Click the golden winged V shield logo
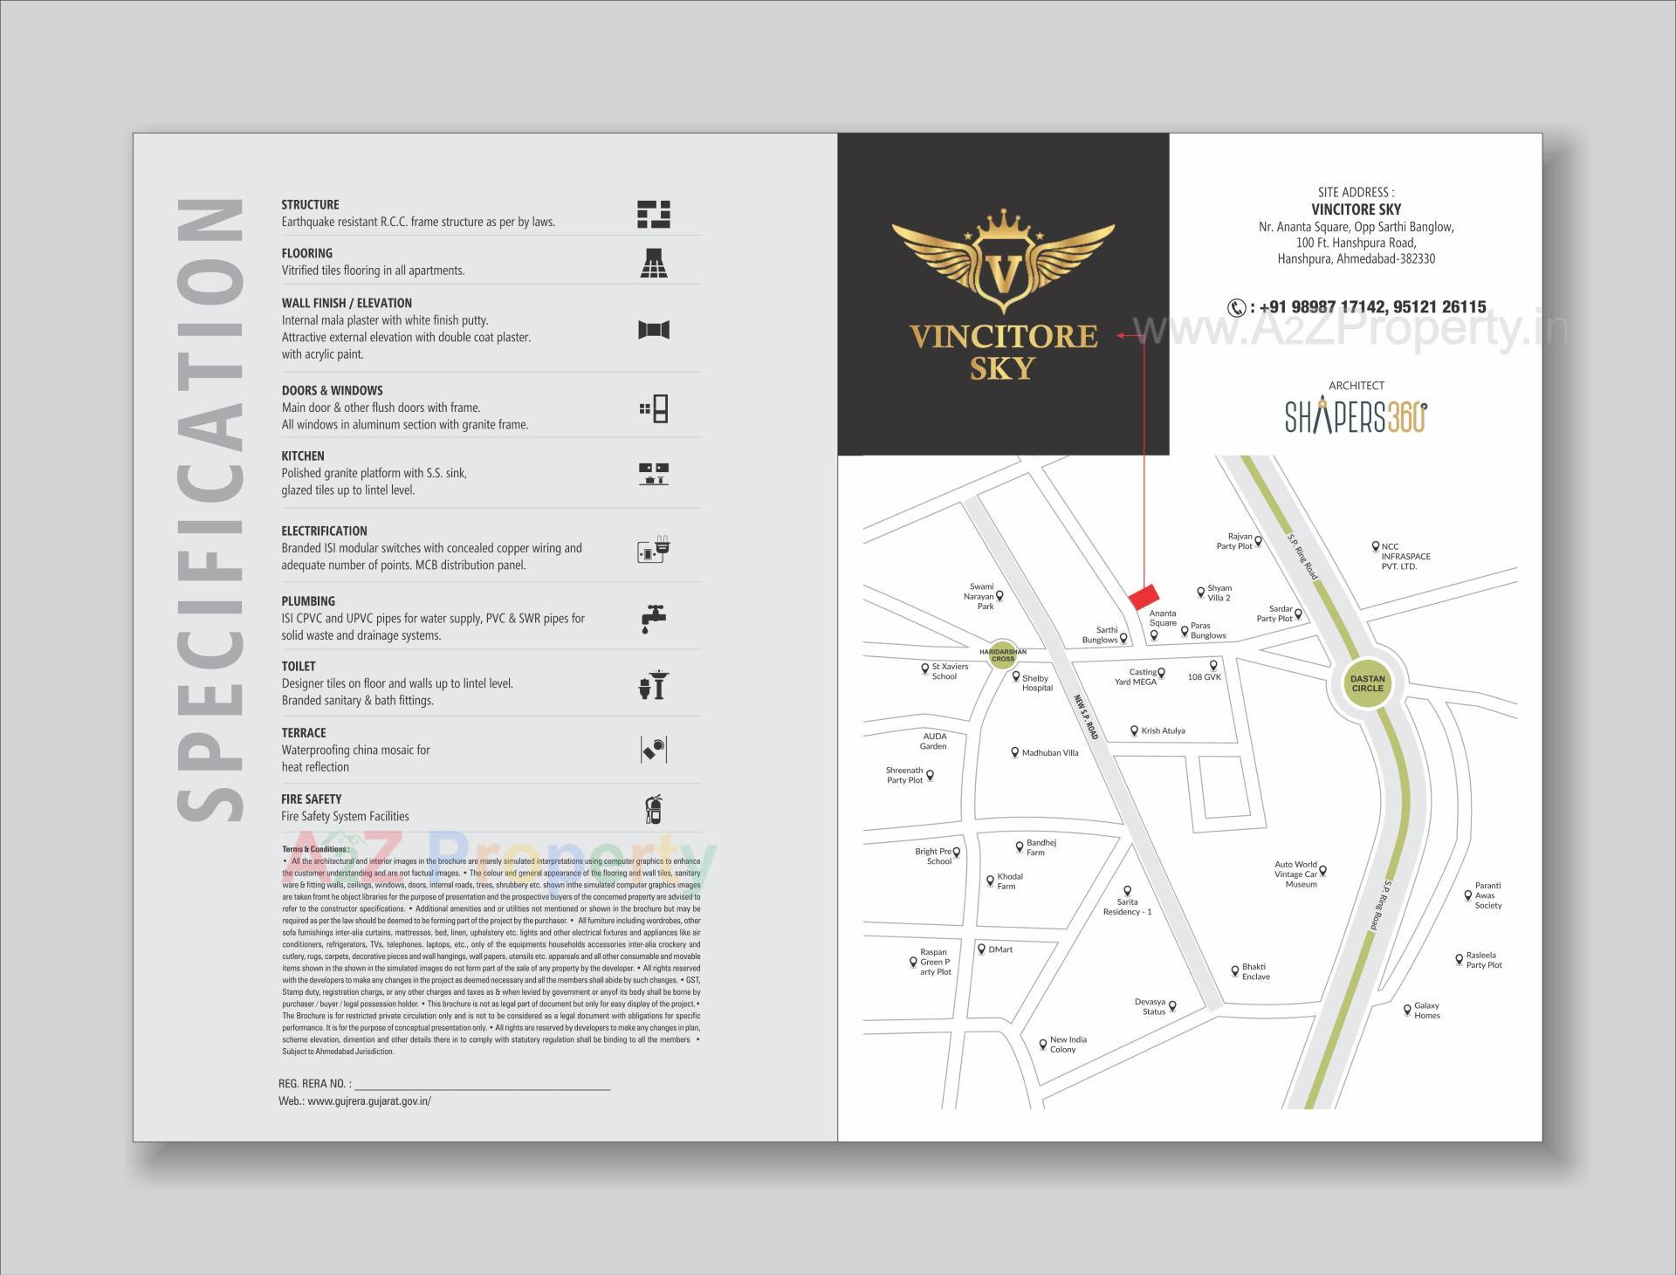coord(1003,263)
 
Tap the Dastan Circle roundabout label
coord(1367,683)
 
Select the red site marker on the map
coord(1143,597)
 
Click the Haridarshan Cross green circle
coord(1003,655)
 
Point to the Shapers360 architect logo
coord(1356,416)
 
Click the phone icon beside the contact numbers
coord(1236,307)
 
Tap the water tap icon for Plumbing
coord(653,618)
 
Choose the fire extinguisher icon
coord(653,809)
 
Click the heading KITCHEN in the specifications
coord(303,456)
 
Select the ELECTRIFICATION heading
coord(324,531)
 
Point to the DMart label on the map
coord(1000,949)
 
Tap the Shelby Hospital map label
coord(1036,683)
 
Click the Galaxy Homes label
coord(1426,1011)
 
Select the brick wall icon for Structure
coord(653,215)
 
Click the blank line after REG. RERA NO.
coord(482,1084)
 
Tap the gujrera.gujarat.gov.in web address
coord(369,1101)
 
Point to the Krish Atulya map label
coord(1163,731)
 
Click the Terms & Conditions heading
coord(315,849)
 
